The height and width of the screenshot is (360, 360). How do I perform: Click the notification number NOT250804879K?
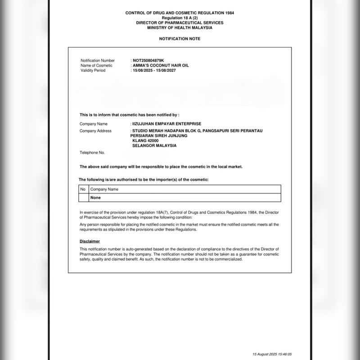[x=149, y=60]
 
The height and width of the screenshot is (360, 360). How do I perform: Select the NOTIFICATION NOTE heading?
[x=180, y=39]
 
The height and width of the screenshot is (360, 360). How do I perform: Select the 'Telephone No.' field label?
[x=92, y=153]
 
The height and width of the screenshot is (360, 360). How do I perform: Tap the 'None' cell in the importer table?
[x=95, y=198]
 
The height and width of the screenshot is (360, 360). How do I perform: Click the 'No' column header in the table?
[x=83, y=189]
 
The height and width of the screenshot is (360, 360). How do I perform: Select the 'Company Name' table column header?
[x=104, y=189]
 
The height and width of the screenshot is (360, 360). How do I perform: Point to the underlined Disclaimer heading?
[x=90, y=242]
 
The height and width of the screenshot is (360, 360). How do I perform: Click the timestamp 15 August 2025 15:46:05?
[x=275, y=354]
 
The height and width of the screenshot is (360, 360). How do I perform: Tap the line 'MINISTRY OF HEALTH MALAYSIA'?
[x=180, y=27]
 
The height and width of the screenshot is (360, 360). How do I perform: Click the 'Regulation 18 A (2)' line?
[x=180, y=18]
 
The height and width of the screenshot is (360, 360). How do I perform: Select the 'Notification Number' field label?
[x=98, y=60]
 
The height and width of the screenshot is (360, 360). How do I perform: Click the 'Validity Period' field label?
[x=93, y=71]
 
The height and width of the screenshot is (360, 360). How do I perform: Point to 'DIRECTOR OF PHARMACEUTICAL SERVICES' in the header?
[x=180, y=22]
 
